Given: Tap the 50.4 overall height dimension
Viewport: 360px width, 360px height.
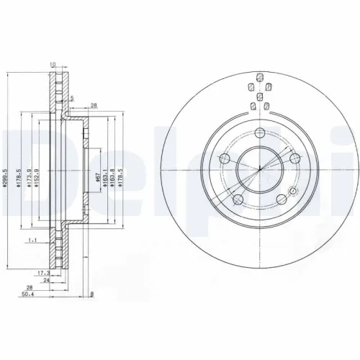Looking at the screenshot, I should point(27,294).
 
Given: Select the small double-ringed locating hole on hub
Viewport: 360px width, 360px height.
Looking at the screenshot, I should point(293,192).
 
